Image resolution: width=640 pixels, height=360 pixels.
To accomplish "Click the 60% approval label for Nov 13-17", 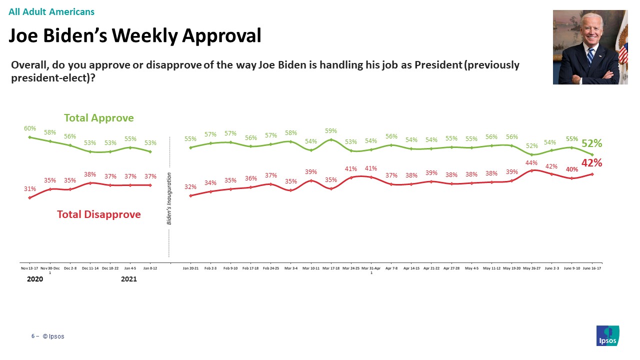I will (x=30, y=128).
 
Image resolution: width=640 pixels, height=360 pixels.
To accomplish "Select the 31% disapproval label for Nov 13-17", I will (x=30, y=189).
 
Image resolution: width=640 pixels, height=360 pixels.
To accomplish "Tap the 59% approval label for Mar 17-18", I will (x=331, y=131).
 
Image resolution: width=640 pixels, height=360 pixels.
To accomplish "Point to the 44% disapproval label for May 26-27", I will (x=531, y=162).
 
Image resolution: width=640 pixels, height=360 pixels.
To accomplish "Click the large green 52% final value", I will (x=591, y=143).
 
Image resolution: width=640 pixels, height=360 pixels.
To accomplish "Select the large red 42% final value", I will (x=591, y=162).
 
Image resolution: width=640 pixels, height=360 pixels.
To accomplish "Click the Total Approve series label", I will (x=99, y=118).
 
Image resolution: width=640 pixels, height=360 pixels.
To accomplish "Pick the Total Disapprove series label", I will (x=99, y=214).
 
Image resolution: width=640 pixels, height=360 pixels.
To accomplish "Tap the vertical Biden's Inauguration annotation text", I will (x=169, y=198).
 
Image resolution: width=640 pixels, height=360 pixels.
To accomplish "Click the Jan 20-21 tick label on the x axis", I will (x=190, y=268).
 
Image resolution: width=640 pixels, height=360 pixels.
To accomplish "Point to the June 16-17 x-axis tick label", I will (x=592, y=268).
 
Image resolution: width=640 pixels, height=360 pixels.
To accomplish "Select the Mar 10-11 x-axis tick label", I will (x=311, y=268).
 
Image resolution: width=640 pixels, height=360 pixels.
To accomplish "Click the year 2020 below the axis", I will (x=35, y=279).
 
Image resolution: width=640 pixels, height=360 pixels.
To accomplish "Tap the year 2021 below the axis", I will (x=129, y=279).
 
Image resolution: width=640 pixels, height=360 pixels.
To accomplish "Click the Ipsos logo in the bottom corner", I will (x=607, y=335).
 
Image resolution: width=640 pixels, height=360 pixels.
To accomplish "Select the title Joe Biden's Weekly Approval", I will (x=135, y=35).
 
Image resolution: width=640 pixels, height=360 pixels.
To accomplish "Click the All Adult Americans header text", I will (x=51, y=12).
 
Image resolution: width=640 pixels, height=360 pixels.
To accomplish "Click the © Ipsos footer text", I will (x=53, y=336).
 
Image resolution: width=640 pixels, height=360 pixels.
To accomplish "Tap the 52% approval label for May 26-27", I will (x=531, y=146).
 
